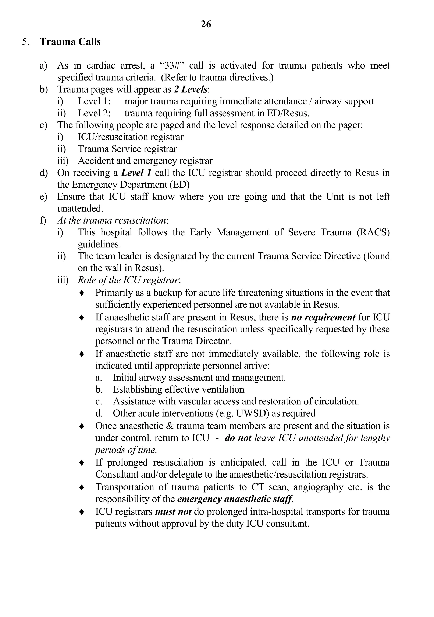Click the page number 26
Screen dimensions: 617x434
(x=206, y=24)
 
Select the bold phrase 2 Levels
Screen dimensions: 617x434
(x=191, y=89)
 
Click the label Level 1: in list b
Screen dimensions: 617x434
(x=94, y=101)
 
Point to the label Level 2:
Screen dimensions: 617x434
(x=94, y=113)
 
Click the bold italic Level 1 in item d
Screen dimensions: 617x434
(x=136, y=173)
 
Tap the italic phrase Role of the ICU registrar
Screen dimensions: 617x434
(x=128, y=280)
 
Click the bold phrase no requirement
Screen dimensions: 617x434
(x=323, y=317)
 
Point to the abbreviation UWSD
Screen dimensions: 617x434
(x=252, y=413)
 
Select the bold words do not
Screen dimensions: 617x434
(x=238, y=438)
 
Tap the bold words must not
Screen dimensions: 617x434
(x=173, y=511)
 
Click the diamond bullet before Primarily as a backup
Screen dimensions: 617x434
(x=82, y=293)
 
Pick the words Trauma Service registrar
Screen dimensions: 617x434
(x=127, y=149)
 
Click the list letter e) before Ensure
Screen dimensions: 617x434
(x=43, y=197)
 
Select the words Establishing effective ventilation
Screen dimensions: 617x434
(x=178, y=389)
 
